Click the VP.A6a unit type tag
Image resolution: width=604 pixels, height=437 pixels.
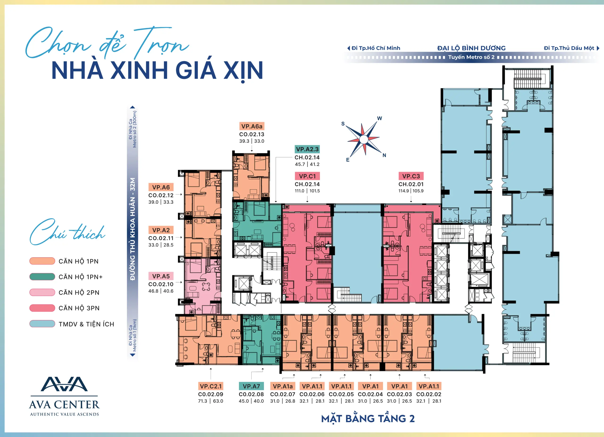coord(252,126)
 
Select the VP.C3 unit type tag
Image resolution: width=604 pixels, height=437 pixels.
coord(411,176)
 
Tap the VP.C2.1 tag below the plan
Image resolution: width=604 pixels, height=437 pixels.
coord(211,386)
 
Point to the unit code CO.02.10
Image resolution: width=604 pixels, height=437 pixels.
coord(161,284)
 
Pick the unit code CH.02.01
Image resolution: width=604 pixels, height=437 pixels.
coord(411,184)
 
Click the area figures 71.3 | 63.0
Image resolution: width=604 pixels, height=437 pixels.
coord(211,401)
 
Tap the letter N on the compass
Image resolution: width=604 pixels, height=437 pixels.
coord(384,155)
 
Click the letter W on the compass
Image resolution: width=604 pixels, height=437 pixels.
coord(379,118)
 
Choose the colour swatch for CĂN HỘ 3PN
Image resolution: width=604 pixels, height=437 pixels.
coord(42,308)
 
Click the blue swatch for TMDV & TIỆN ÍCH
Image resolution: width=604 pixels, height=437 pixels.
coord(42,324)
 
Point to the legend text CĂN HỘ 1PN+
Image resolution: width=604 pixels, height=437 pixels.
coord(80,277)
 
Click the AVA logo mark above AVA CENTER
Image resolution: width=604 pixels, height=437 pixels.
coord(64,384)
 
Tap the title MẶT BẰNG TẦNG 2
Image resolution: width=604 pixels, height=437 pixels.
coord(368,419)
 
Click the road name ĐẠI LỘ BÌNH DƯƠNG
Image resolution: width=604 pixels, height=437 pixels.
coord(471,48)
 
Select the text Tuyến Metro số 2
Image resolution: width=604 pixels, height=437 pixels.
coord(471,57)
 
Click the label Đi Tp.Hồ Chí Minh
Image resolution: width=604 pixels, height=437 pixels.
coord(376,48)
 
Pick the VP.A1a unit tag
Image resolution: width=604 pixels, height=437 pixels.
coord(283,386)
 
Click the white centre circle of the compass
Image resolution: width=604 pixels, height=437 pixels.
coord(364,139)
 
